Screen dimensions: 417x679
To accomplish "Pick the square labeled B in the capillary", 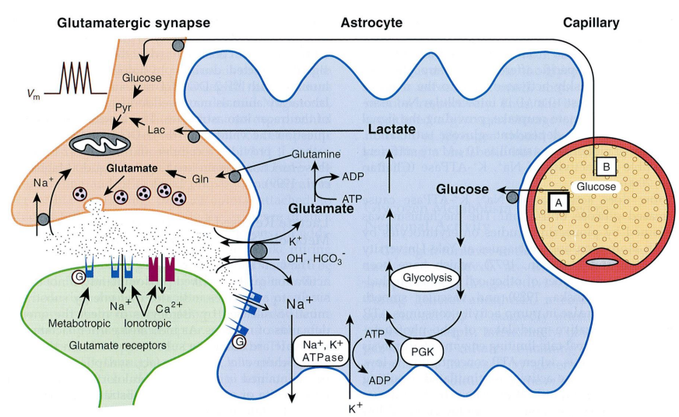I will pyautogui.click(x=607, y=165).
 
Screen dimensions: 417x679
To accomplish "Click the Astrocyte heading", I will pyautogui.click(x=371, y=23).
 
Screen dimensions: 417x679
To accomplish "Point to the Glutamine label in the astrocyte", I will pyautogui.click(x=315, y=156).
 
